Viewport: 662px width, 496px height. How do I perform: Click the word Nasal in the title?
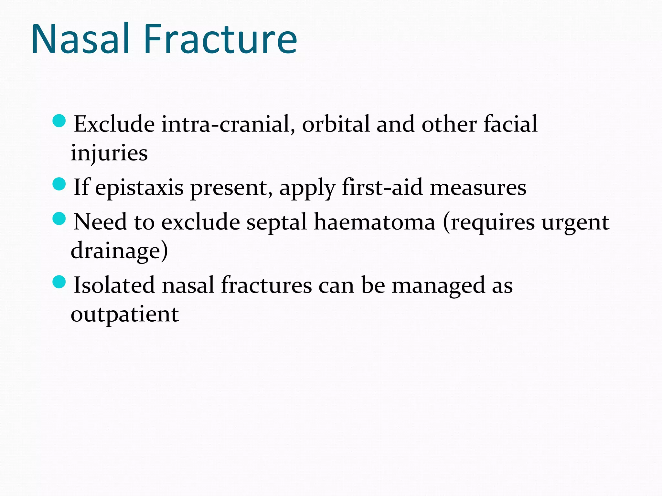pyautogui.click(x=80, y=39)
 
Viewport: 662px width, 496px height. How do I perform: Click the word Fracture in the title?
pyautogui.click(x=220, y=39)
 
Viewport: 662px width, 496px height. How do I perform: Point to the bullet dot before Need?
pyautogui.click(x=59, y=219)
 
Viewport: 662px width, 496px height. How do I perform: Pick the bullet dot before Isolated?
pyautogui.click(x=59, y=282)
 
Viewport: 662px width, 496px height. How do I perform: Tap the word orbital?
pyautogui.click(x=336, y=124)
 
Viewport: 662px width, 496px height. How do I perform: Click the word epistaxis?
pyautogui.click(x=139, y=188)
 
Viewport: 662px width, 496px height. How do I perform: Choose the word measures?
pyautogui.click(x=478, y=188)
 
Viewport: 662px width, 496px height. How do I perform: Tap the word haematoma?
pyautogui.click(x=375, y=222)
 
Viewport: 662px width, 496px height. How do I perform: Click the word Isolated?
pyautogui.click(x=114, y=285)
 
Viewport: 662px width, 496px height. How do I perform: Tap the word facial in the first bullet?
pyautogui.click(x=510, y=124)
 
